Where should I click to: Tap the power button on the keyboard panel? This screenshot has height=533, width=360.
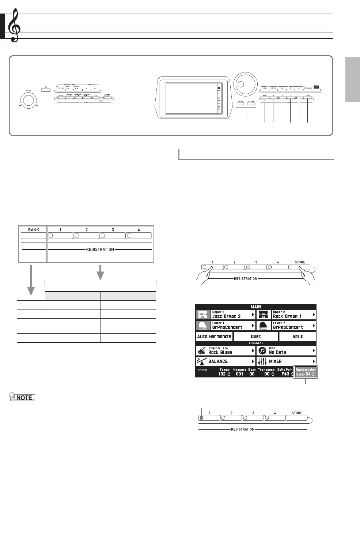(45, 90)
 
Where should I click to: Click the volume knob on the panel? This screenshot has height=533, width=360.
(28, 100)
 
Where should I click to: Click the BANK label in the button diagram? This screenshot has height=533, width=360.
(34, 230)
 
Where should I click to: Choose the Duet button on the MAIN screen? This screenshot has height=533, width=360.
(256, 337)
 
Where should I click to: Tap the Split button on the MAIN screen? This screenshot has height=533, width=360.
(298, 337)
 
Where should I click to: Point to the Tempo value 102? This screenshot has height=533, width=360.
(222, 374)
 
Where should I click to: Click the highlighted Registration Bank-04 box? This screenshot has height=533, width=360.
(306, 372)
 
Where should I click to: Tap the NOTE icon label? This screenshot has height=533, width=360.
(23, 397)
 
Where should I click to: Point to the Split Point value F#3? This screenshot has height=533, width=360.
(285, 374)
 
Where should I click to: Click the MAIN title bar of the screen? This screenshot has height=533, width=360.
(256, 307)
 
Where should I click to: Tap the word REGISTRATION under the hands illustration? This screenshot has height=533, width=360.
(246, 279)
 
